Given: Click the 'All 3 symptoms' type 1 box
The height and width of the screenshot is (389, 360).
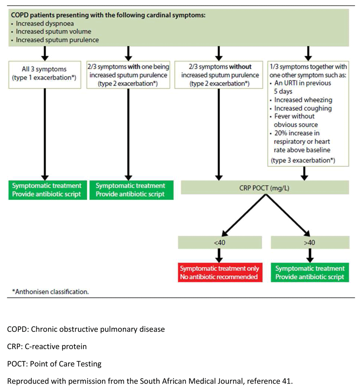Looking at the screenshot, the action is pyautogui.click(x=45, y=75).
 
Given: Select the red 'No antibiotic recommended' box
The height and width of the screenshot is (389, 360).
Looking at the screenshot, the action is pyautogui.click(x=220, y=272).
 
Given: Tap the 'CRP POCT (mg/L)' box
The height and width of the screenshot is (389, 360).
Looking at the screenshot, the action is pyautogui.click(x=265, y=187).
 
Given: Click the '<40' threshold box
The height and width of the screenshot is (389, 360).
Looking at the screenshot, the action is pyautogui.click(x=220, y=243).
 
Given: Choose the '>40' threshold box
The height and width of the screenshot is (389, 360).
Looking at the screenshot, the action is pyautogui.click(x=310, y=243).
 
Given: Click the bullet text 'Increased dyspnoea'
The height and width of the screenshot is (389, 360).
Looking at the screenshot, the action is pyautogui.click(x=45, y=23).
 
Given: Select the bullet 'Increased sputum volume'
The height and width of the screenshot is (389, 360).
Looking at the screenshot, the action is pyautogui.click(x=53, y=32).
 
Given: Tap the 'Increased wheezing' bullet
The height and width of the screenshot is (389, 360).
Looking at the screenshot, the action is pyautogui.click(x=303, y=100).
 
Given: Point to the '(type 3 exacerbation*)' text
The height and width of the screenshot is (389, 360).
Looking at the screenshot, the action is pyautogui.click(x=303, y=160).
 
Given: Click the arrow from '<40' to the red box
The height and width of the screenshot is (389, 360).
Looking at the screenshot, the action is pyautogui.click(x=219, y=255).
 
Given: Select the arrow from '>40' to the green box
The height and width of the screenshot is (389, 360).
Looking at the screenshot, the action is pyautogui.click(x=310, y=255).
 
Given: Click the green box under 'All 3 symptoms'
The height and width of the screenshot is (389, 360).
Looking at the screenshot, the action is pyautogui.click(x=48, y=190).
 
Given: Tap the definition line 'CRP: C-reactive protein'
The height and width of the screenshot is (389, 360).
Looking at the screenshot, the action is pyautogui.click(x=47, y=346).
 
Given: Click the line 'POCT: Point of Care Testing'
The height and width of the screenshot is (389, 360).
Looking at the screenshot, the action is pyautogui.click(x=54, y=364).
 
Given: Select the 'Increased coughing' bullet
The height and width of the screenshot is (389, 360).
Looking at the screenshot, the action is pyautogui.click(x=303, y=108).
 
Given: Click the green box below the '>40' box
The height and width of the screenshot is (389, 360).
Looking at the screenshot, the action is pyautogui.click(x=310, y=272).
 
